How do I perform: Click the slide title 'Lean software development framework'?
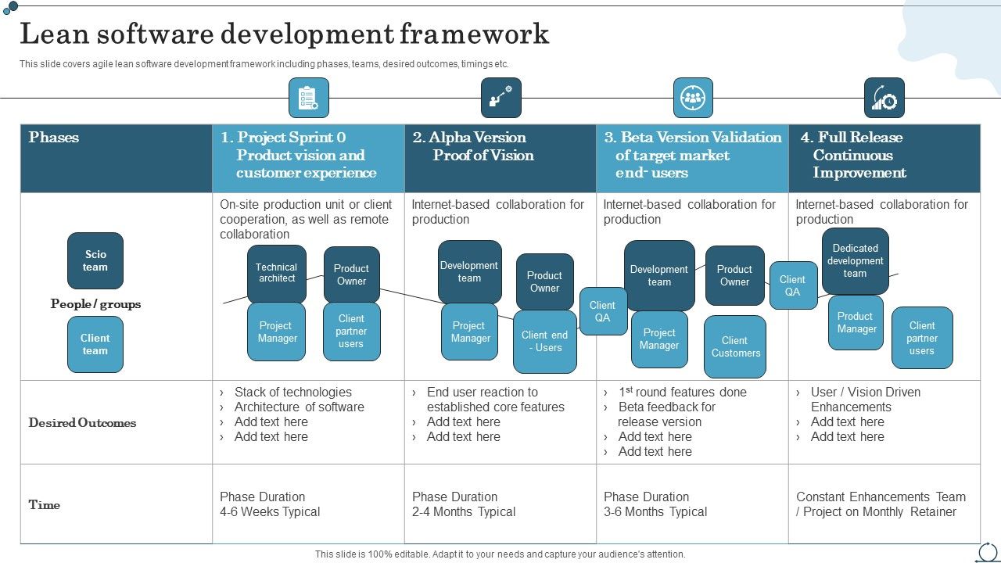pos(284,34)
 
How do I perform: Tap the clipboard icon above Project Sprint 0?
pos(308,98)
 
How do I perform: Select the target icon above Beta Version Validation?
pos(693,98)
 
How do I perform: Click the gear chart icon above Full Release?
pos(884,98)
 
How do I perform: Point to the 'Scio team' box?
pos(95,260)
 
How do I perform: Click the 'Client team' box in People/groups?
pos(95,344)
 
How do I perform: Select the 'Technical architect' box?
pos(277,273)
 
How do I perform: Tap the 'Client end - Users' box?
pos(545,342)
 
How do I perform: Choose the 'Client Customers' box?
pos(735,346)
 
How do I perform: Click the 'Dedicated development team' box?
pos(855,261)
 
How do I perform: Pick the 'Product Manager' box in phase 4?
pos(856,322)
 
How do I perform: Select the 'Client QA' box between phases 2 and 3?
pos(602,311)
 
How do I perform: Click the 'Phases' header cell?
pos(54,138)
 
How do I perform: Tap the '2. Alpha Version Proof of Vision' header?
pos(483,146)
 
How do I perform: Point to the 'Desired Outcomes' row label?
pos(82,423)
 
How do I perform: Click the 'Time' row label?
pos(45,505)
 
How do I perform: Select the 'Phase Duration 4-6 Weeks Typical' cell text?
pos(270,504)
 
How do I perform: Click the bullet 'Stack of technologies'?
pos(292,393)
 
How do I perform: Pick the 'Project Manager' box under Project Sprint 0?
pos(277,332)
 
